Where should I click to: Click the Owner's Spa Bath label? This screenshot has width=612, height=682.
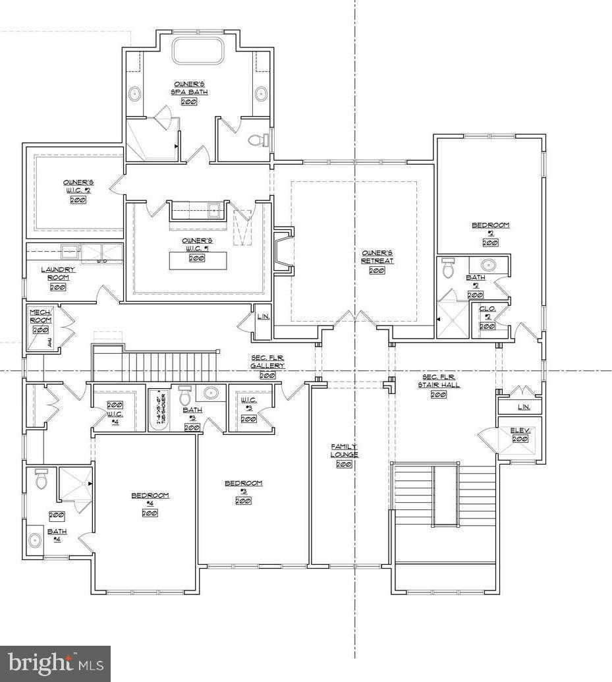(190, 88)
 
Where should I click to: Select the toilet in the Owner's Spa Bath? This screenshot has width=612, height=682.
(258, 140)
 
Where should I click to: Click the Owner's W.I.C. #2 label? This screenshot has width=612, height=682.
(78, 186)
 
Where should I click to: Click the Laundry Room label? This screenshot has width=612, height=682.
(58, 273)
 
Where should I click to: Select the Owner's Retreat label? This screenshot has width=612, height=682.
(377, 256)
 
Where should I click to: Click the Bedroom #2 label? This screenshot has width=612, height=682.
(490, 229)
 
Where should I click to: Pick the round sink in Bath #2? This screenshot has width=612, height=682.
(488, 265)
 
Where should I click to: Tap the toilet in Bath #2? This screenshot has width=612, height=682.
(449, 268)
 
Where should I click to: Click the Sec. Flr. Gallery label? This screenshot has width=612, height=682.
(267, 362)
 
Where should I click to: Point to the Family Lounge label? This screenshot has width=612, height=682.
(344, 451)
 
